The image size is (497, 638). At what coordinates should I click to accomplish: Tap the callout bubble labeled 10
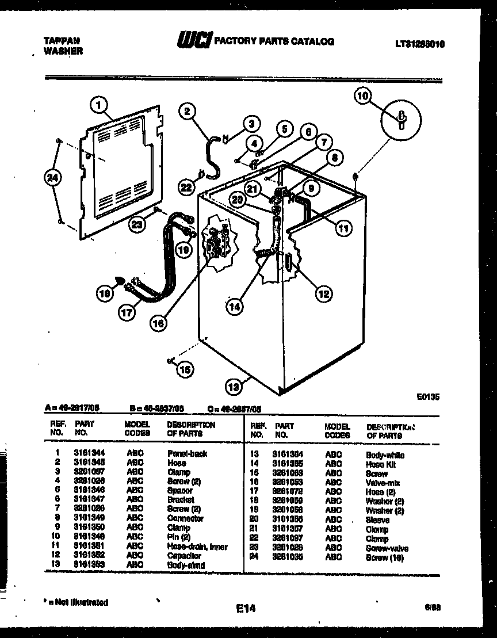pos(362,97)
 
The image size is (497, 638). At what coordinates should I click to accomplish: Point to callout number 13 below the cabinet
pos(233,387)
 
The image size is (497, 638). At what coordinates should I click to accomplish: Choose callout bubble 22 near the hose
pos(185,187)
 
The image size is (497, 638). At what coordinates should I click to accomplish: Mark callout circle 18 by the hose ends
pos(104,295)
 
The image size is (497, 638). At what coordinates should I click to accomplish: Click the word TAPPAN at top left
pos(62,41)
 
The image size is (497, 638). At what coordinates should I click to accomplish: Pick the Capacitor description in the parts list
pos(184,556)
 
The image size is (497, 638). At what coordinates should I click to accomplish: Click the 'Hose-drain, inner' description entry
pos(197,547)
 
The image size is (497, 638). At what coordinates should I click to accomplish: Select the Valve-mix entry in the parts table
pos(383,483)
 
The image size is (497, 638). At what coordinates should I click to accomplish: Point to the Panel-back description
pos(187,453)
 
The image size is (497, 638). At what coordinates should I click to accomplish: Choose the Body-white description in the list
pos(385,455)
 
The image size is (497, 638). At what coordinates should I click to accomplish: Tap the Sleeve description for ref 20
pos(377,520)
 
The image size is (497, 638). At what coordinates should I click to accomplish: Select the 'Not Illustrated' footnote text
pos(78,602)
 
